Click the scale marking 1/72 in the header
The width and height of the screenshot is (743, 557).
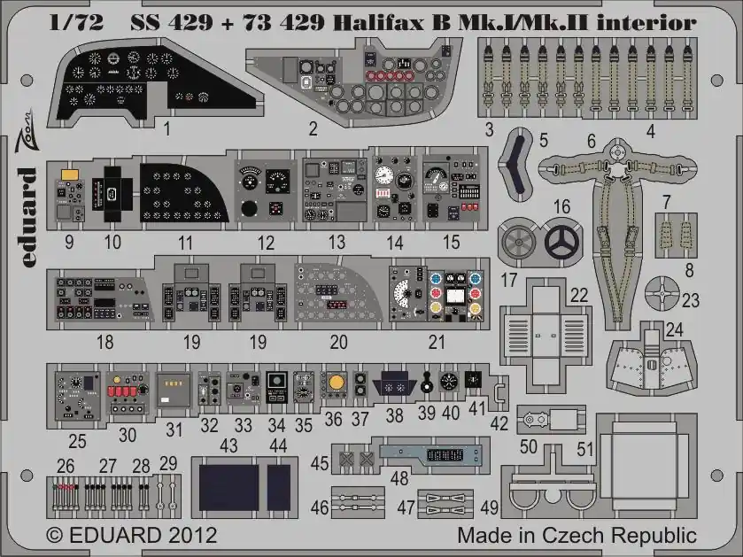tap(76, 23)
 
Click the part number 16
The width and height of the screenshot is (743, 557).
tap(561, 207)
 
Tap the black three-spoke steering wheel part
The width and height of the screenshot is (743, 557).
tap(562, 242)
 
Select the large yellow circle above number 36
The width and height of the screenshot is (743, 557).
tap(336, 383)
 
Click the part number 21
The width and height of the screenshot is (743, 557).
tap(437, 342)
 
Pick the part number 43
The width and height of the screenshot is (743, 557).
tap(228, 445)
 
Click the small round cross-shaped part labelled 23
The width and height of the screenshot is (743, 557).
tap(662, 294)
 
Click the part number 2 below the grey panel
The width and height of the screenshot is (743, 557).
tap(313, 128)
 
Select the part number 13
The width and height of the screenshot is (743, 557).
tap(337, 243)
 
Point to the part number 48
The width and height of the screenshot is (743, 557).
tap(399, 478)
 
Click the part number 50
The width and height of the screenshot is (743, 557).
tap(529, 446)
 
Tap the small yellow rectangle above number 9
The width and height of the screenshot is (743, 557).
tap(70, 174)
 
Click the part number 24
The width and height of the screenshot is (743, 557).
tap(674, 329)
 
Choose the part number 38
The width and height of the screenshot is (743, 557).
tap(394, 415)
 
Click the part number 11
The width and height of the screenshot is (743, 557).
tap(185, 244)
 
